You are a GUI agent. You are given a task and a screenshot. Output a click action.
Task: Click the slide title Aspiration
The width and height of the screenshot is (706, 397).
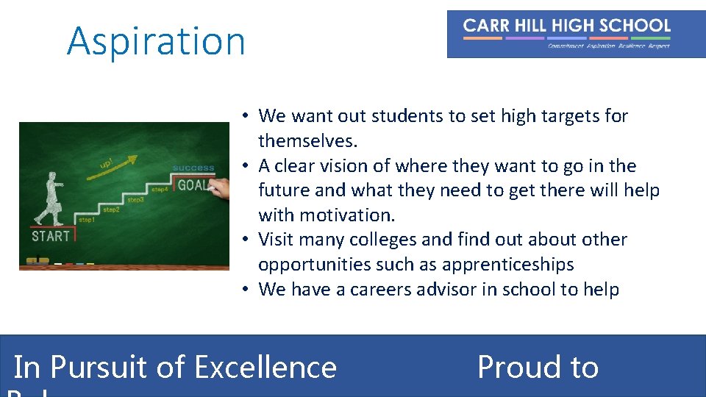[x=156, y=40]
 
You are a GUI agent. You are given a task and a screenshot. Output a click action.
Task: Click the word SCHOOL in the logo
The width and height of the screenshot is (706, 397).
[x=635, y=26]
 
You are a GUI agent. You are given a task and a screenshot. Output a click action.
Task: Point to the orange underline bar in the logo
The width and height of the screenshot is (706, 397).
[x=482, y=37]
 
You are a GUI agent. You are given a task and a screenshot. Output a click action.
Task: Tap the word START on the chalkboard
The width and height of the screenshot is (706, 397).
[x=51, y=237]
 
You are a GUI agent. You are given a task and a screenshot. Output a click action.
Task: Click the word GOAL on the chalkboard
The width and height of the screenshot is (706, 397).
[x=193, y=185]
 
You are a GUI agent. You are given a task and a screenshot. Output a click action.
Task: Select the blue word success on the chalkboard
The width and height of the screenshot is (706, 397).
[x=193, y=168]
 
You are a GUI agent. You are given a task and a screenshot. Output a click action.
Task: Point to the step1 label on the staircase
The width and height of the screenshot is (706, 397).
[x=86, y=220]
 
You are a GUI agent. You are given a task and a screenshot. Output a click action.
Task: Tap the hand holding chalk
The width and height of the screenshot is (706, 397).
[x=219, y=190]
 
